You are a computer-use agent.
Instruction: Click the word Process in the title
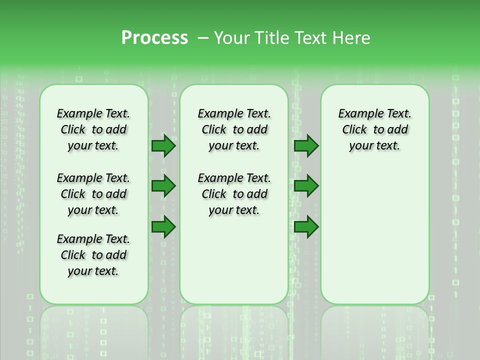pyautogui.click(x=154, y=38)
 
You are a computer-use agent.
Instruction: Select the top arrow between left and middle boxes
pyautogui.click(x=163, y=145)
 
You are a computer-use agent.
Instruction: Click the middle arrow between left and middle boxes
pyautogui.click(x=163, y=186)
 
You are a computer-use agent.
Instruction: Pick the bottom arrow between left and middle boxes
pyautogui.click(x=163, y=226)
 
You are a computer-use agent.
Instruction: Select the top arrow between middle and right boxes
pyautogui.click(x=306, y=145)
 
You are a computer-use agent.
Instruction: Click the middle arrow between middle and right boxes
pyautogui.click(x=306, y=186)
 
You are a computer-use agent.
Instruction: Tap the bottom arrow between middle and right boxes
pyautogui.click(x=306, y=226)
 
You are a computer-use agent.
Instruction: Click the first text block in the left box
pyautogui.click(x=93, y=129)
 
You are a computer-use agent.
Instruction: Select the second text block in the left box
pyautogui.click(x=93, y=194)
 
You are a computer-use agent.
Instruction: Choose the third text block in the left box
pyautogui.click(x=93, y=255)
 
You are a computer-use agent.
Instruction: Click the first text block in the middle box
pyautogui.click(x=234, y=129)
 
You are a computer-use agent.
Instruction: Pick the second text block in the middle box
pyautogui.click(x=234, y=194)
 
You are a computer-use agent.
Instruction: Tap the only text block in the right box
pyautogui.click(x=375, y=129)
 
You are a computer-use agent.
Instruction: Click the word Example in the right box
pyautogui.click(x=357, y=114)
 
